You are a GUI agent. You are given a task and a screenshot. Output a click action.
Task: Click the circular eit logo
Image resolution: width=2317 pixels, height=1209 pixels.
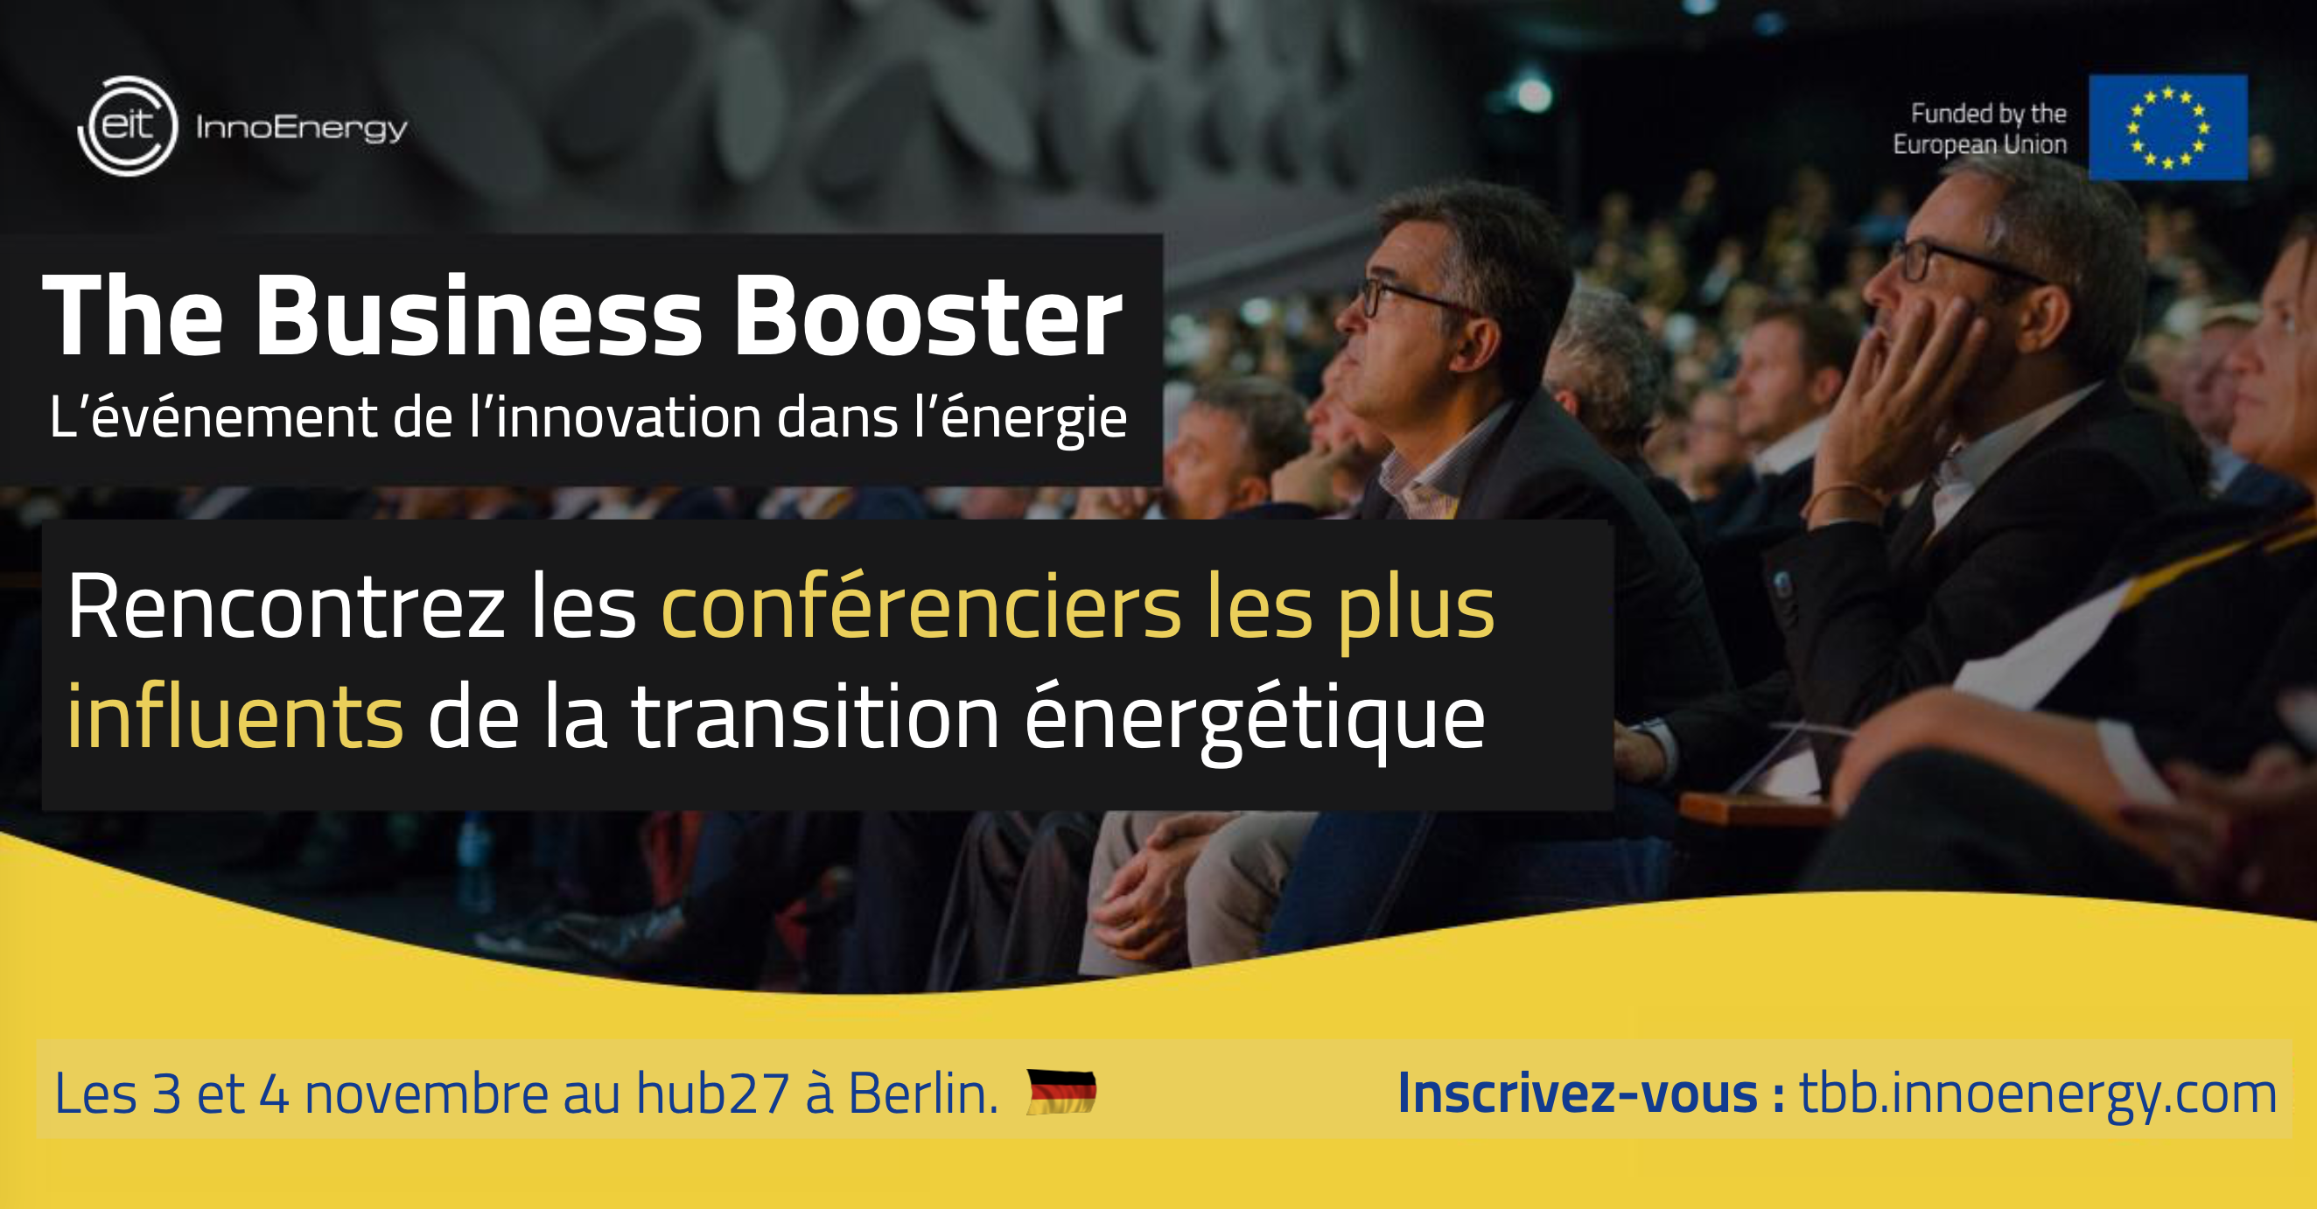coord(127,126)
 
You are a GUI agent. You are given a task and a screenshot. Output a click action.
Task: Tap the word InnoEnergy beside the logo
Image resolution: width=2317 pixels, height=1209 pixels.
coord(301,129)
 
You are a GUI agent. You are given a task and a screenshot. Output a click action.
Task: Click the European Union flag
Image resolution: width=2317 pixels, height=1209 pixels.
coord(2167,128)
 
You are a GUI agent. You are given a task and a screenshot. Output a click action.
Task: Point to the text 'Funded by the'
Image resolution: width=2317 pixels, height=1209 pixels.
coord(1989,114)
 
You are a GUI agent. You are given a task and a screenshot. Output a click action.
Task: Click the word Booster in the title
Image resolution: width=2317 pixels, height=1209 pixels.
coord(928,316)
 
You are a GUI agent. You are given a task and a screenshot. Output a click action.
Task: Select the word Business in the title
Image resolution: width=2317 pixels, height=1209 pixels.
coord(479,316)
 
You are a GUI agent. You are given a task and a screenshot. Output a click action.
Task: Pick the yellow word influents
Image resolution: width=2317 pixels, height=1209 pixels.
coord(235,716)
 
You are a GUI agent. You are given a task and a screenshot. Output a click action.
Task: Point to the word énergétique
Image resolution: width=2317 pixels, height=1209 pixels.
coord(1255,720)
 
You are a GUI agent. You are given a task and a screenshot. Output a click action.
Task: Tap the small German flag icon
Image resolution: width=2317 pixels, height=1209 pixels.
coord(1061,1092)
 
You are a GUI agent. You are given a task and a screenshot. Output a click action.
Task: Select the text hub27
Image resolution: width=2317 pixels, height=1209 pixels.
coord(713,1093)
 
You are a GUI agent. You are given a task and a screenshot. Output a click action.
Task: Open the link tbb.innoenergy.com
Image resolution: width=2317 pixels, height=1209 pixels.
coord(2038,1094)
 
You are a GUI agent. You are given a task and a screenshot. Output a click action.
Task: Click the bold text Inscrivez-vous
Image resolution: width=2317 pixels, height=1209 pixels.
coord(1578,1093)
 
